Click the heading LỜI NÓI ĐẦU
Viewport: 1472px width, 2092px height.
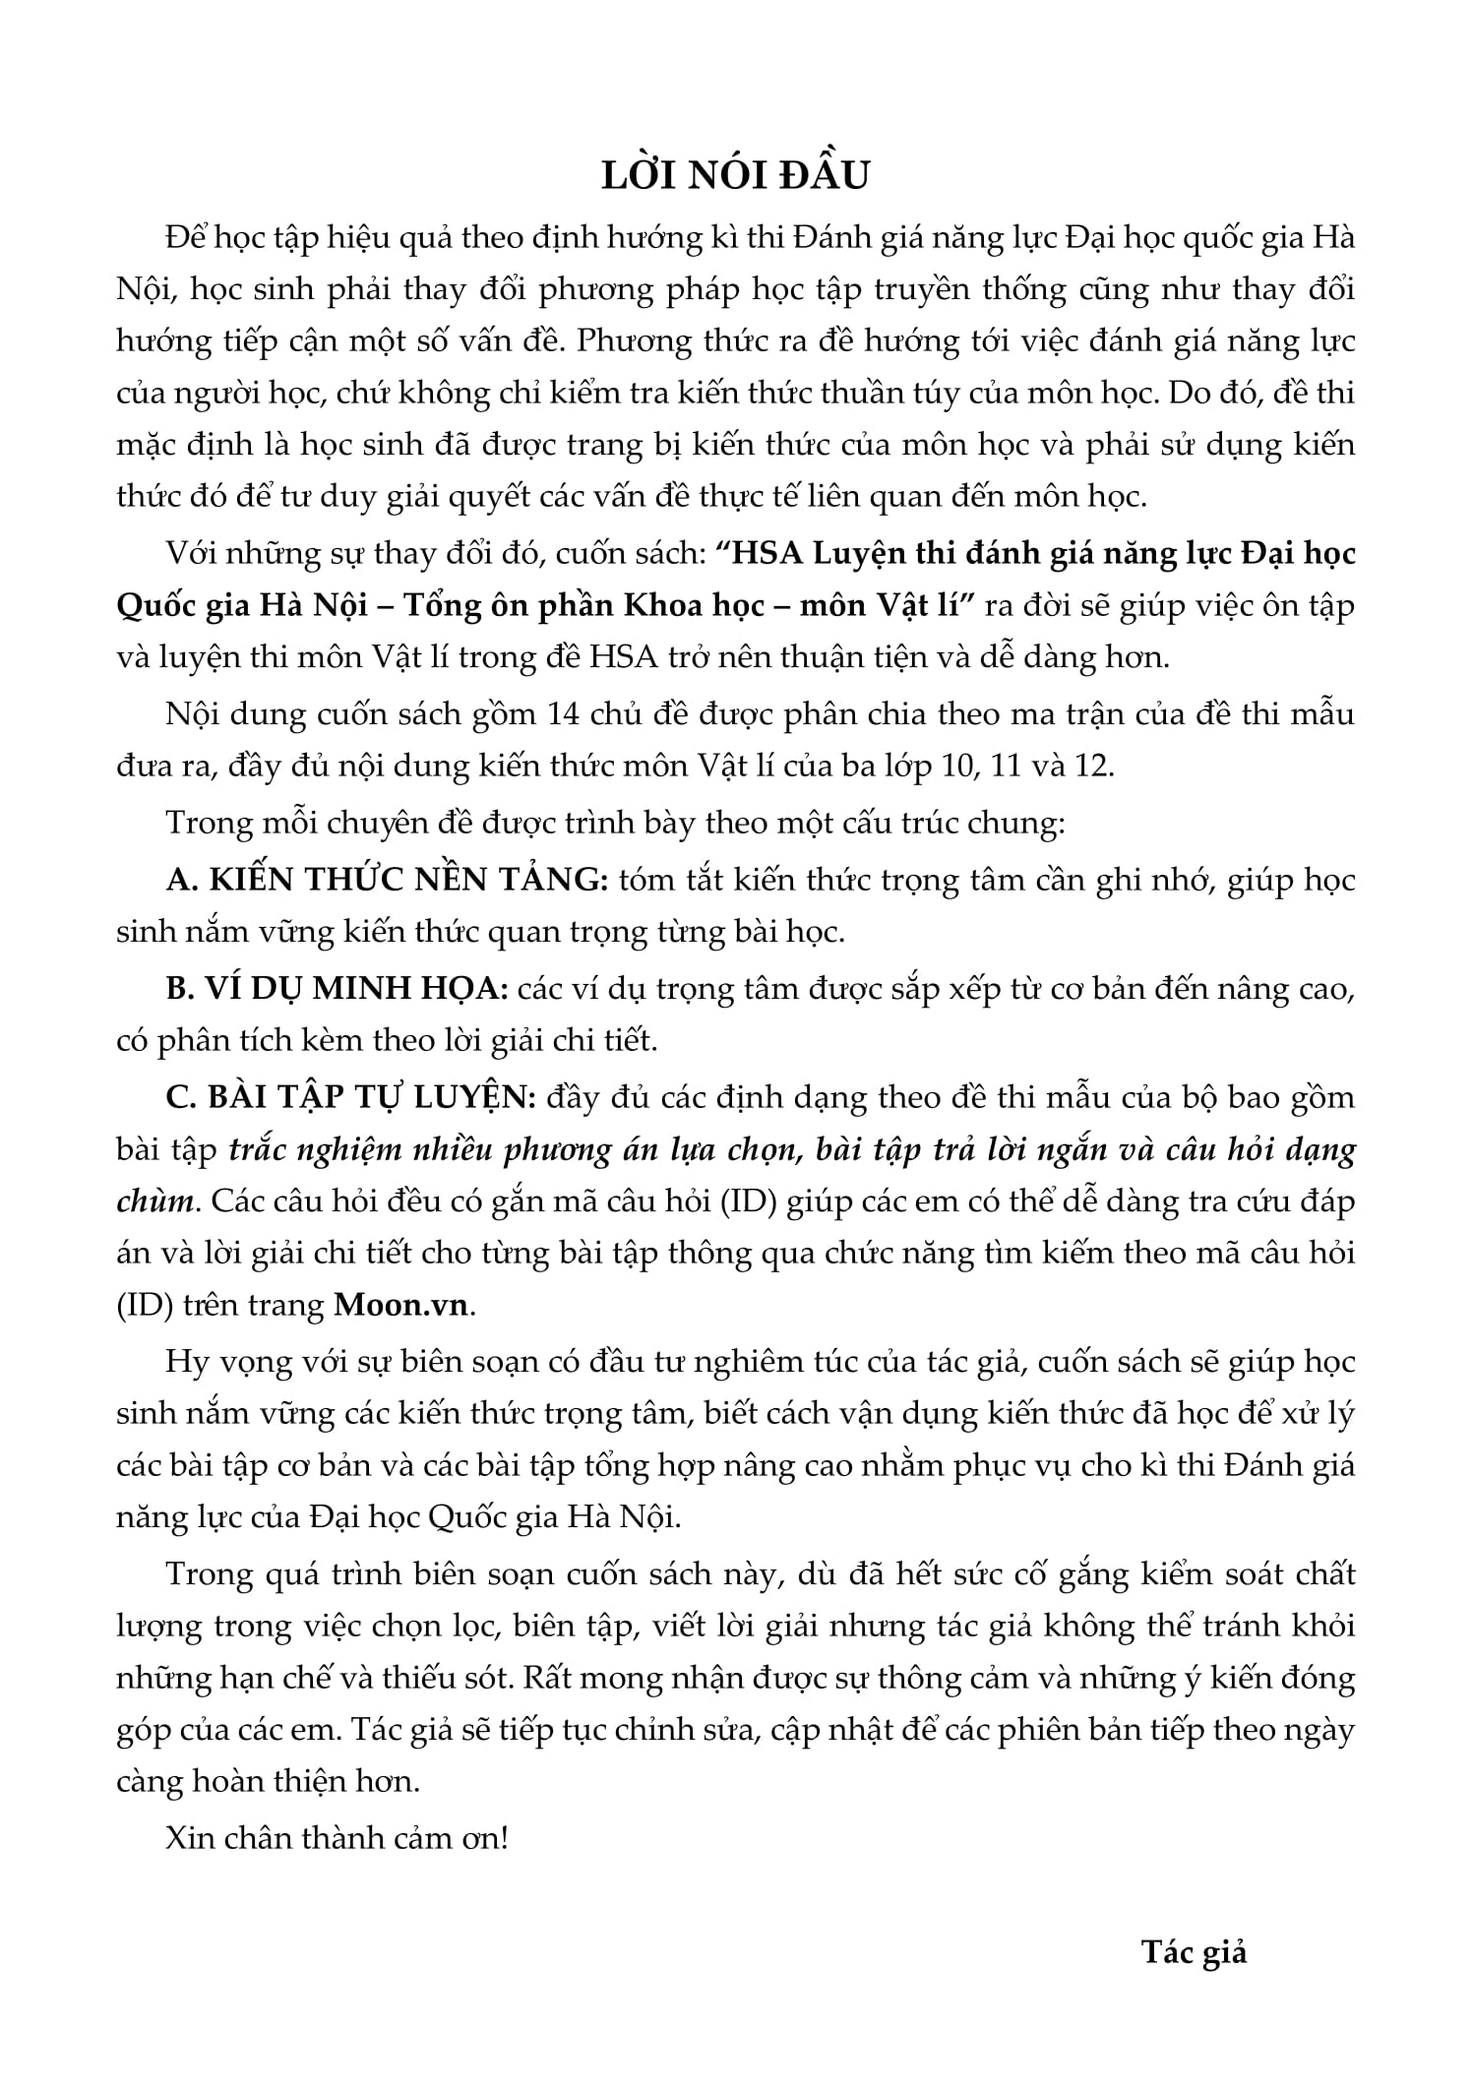coord(736,174)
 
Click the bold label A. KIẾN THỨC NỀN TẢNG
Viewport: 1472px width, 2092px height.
coord(388,879)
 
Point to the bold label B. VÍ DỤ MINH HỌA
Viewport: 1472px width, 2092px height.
coord(337,988)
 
